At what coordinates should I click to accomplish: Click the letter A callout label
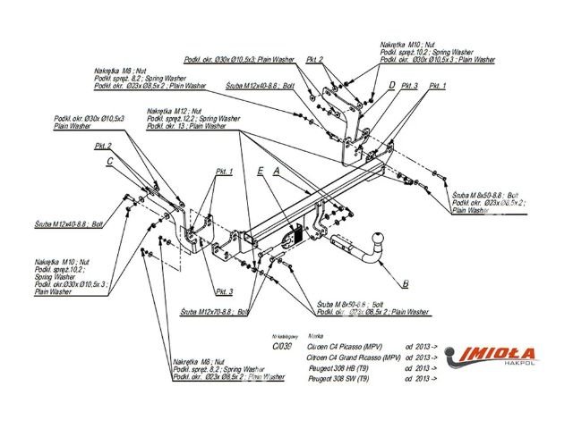tap(278, 169)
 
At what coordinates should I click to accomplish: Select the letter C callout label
tap(109, 162)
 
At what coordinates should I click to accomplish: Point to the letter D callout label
tap(391, 86)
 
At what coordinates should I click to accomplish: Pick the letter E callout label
tap(259, 169)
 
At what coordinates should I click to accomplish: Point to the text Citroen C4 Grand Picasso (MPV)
tap(353, 356)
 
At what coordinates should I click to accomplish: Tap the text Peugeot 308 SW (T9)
tap(340, 379)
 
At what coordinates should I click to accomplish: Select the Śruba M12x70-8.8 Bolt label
tap(214, 311)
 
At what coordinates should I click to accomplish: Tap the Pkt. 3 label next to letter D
tap(411, 86)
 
